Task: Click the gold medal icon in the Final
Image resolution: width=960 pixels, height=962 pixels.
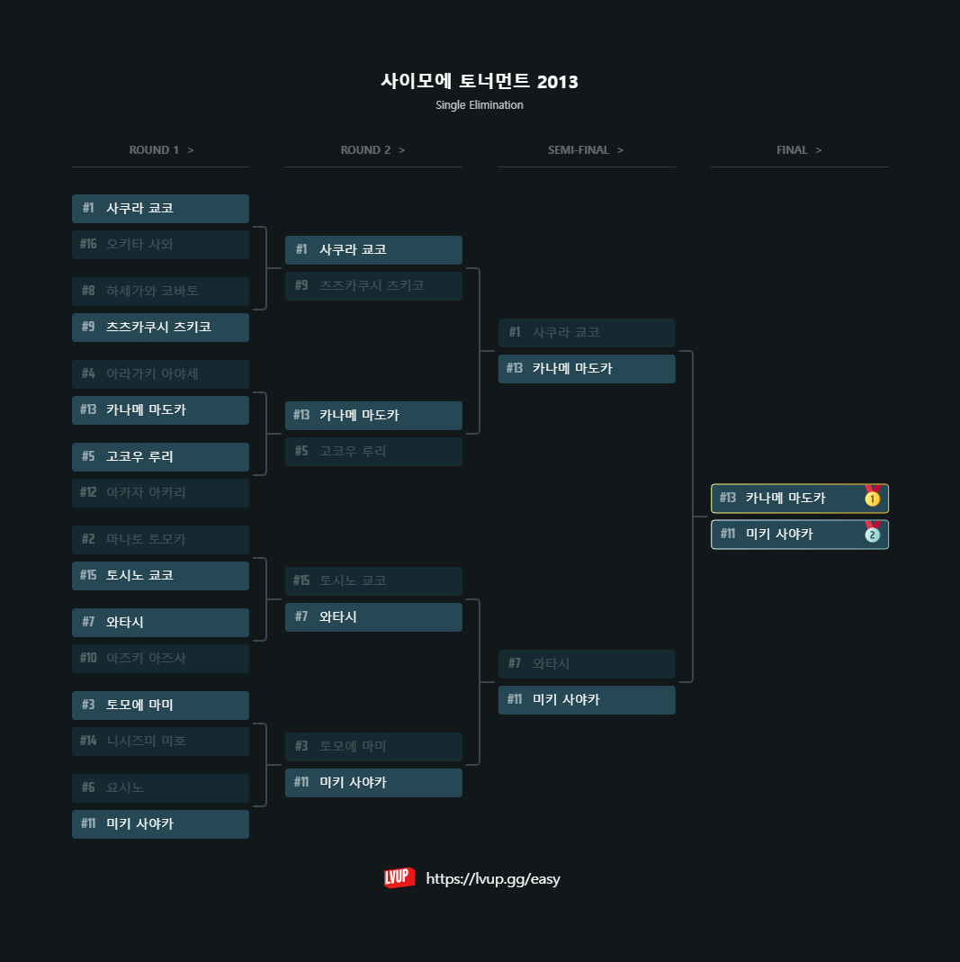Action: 872,498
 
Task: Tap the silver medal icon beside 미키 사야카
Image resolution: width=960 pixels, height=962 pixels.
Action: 872,534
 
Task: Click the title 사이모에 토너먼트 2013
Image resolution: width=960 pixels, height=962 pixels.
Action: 480,82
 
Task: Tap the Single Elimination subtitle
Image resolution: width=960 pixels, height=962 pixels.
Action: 480,105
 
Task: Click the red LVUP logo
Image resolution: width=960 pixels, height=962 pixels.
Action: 399,878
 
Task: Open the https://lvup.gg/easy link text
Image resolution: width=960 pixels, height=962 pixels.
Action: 493,879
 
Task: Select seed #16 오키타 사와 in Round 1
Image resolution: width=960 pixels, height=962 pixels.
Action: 160,245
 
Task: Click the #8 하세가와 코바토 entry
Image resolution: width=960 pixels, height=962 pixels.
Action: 160,292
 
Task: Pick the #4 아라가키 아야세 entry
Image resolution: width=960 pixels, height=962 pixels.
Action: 160,374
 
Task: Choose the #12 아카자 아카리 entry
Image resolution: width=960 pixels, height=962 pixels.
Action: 160,493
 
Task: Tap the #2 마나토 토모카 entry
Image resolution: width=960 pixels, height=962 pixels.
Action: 160,540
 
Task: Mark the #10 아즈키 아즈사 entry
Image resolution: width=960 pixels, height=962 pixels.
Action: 160,659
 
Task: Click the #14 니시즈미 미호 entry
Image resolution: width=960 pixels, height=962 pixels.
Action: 160,742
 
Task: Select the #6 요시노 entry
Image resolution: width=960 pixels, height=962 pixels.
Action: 160,788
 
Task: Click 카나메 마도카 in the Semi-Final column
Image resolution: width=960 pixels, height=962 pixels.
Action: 587,369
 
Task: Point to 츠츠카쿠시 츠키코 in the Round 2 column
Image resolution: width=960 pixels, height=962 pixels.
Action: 373,286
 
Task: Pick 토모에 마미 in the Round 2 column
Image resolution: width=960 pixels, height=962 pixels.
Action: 373,747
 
